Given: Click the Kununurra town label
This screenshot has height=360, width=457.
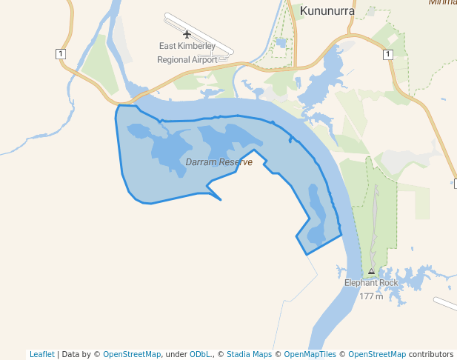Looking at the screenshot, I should coord(327,11).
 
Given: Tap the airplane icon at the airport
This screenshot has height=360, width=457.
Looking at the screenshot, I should coord(187,34).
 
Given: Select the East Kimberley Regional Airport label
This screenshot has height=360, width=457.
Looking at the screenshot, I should coord(187,53).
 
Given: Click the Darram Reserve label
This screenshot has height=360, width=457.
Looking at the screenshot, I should coord(219,161).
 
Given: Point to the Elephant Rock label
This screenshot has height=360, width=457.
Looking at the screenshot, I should coord(371,283).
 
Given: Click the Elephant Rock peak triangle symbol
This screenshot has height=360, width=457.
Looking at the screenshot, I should coord(372,272).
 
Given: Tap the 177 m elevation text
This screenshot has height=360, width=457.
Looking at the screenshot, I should coord(371,296).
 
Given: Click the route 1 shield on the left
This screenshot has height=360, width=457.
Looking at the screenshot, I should coord(60,53).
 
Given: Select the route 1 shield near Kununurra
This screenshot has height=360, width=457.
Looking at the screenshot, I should coord(387,54).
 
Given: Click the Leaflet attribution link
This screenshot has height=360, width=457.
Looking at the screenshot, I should coord(41,354).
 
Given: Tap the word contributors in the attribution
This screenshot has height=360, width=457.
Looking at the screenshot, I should coord(430,354).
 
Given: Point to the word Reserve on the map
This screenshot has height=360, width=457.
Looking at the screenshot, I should coord(236,161).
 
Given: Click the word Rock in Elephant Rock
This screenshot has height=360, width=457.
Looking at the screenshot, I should coord(387,283).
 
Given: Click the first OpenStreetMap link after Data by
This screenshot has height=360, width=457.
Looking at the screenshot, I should coord(132,354).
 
